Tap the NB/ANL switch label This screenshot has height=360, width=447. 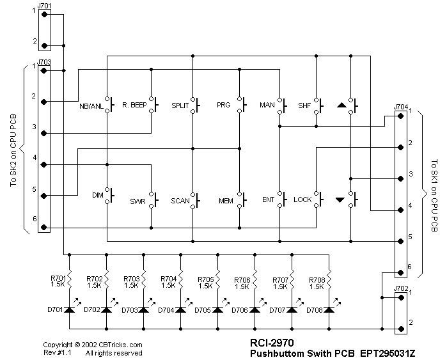(x=91, y=105)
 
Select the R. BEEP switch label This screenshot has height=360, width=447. (x=134, y=105)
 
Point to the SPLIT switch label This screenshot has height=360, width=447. (x=180, y=105)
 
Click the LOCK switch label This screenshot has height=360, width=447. (x=302, y=200)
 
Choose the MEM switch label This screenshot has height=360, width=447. (x=226, y=200)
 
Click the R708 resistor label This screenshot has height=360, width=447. (x=316, y=279)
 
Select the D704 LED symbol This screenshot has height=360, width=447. (x=181, y=309)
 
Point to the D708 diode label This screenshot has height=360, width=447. (x=315, y=310)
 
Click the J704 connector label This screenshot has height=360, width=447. (x=401, y=107)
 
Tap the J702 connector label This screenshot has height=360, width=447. (x=401, y=288)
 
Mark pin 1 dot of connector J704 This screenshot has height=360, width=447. (x=401, y=116)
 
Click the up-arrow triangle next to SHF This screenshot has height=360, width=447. (x=341, y=104)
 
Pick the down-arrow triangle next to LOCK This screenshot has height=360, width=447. (x=340, y=200)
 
